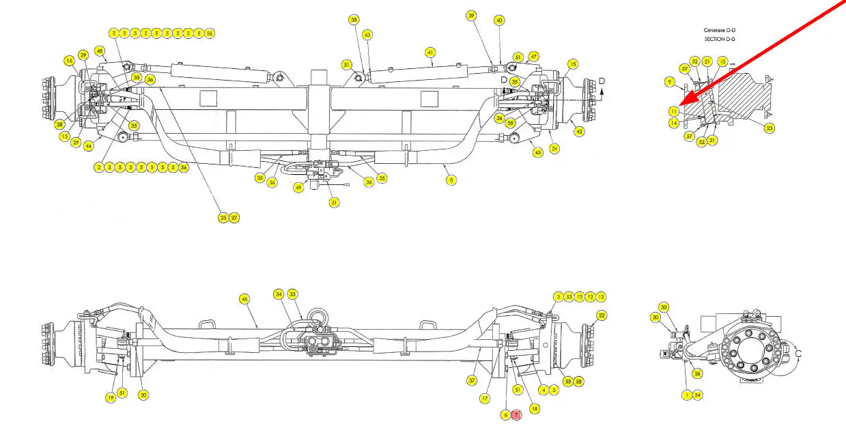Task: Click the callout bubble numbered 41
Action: click(x=430, y=52)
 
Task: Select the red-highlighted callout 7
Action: click(x=516, y=414)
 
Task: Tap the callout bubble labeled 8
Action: click(x=451, y=180)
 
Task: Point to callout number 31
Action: click(x=334, y=202)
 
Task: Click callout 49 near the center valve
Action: click(x=298, y=188)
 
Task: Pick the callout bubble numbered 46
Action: click(x=244, y=298)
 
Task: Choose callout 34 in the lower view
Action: click(x=279, y=294)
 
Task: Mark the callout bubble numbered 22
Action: click(x=602, y=315)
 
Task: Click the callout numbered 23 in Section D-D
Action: click(x=770, y=128)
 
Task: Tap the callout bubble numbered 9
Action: click(x=670, y=82)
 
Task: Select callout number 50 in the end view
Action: click(x=664, y=307)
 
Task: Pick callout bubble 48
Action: click(x=100, y=51)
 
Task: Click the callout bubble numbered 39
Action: click(x=471, y=15)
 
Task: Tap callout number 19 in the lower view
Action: click(x=109, y=397)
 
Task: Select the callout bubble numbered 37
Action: click(x=471, y=380)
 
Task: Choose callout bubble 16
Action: click(x=70, y=61)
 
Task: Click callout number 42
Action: click(x=580, y=131)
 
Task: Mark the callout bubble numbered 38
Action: click(x=354, y=20)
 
